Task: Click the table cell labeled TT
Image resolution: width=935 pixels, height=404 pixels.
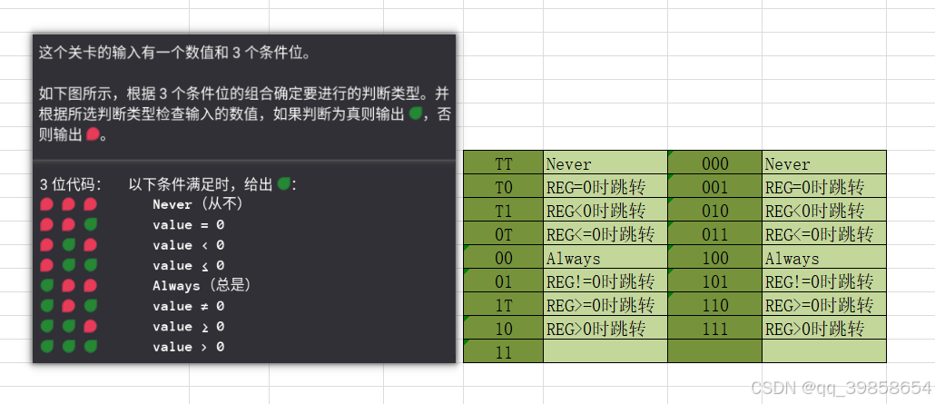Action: [x=503, y=164]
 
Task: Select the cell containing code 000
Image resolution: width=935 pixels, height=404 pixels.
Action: [x=714, y=164]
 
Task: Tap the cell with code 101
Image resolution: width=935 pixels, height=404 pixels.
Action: [x=714, y=281]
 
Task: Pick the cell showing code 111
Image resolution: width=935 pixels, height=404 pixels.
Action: [x=714, y=328]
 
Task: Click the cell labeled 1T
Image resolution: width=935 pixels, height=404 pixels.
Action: [x=503, y=304]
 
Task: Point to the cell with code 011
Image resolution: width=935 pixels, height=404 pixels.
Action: [x=714, y=234]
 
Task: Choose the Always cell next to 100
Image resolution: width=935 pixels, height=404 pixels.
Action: [x=823, y=259]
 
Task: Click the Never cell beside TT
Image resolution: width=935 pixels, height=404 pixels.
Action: [x=605, y=164]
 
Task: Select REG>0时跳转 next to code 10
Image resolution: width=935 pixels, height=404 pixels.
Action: [x=605, y=328]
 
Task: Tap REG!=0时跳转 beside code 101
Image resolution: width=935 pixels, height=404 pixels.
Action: [x=823, y=281]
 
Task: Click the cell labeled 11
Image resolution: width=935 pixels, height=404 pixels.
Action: [x=503, y=351]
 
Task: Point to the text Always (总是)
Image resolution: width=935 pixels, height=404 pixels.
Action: [x=202, y=285]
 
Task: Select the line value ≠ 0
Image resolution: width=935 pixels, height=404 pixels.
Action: [x=189, y=306]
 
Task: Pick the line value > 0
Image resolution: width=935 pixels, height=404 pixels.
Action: [x=189, y=347]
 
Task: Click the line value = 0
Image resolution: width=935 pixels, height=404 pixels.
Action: [x=189, y=224]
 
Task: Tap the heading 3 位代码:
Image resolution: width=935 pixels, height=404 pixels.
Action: [x=71, y=184]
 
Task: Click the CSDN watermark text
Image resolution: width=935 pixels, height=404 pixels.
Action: [x=841, y=388]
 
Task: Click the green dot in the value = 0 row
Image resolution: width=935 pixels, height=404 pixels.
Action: [x=90, y=224]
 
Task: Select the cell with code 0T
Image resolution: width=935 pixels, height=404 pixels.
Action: [x=503, y=234]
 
